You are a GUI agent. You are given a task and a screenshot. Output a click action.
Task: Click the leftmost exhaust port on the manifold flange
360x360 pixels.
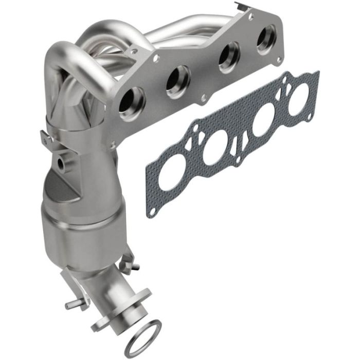click(132, 100)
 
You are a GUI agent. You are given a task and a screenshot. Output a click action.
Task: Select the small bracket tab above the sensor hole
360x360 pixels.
click(46, 138)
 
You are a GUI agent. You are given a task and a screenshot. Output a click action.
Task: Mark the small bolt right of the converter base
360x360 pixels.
click(135, 266)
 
